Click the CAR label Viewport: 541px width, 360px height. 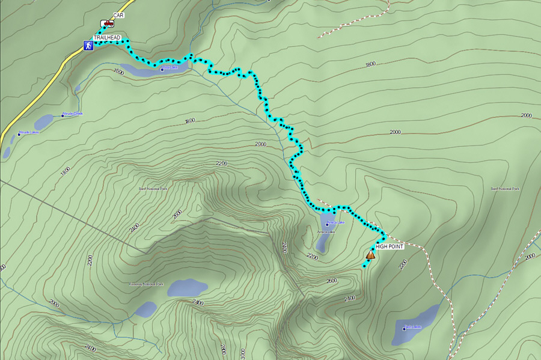pos(118,15)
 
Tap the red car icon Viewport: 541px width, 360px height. pos(107,23)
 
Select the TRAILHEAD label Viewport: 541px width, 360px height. pos(107,37)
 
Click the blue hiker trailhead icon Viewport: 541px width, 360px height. pos(88,45)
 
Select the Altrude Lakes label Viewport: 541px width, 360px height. pos(29,132)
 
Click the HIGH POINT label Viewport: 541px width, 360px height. pos(389,246)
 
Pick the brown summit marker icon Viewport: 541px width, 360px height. pos(370,255)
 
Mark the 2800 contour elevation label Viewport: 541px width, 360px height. pos(223,349)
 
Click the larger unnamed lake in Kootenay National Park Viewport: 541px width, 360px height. pos(187,288)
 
